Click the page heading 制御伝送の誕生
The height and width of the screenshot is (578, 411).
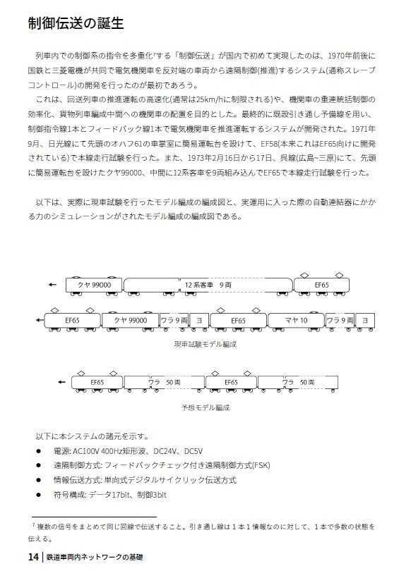[x=76, y=23]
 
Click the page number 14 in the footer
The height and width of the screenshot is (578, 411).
[x=33, y=557]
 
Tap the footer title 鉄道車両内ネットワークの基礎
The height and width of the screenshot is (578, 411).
[x=94, y=557]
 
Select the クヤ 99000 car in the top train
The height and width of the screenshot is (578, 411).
[x=93, y=285]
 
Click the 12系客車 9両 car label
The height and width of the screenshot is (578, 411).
[x=208, y=285]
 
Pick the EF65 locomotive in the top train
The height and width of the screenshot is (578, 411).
[x=321, y=285]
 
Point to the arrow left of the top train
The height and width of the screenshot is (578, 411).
[x=52, y=285]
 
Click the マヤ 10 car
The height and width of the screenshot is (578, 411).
[x=296, y=320]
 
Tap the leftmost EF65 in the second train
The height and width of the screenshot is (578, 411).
[x=71, y=320]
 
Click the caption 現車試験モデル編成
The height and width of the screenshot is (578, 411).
[x=205, y=344]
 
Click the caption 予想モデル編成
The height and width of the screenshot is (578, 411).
[x=205, y=407]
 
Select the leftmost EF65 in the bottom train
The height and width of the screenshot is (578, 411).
[x=97, y=382]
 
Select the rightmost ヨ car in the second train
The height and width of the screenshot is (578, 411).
[x=365, y=320]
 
